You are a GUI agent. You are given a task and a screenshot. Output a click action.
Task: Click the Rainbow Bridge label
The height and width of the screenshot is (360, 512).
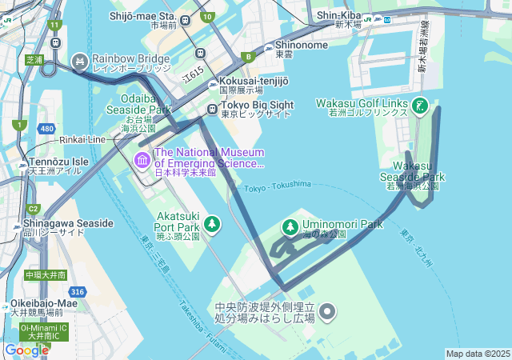[130, 58]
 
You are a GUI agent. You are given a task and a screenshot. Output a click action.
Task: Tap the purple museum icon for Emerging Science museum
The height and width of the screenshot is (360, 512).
[142, 161]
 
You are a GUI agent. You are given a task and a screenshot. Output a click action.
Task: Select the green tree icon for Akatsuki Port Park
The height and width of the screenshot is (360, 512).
[211, 223]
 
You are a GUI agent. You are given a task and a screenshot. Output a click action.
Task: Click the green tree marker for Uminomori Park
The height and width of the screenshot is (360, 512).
[290, 228]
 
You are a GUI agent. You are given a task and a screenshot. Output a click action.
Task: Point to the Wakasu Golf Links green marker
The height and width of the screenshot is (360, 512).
[418, 105]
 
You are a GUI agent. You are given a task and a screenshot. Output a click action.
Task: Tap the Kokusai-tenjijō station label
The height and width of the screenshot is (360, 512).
[254, 81]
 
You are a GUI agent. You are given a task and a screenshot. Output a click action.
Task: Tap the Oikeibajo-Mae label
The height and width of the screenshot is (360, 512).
[44, 303]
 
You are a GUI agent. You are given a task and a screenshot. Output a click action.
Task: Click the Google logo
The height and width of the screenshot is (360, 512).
[26, 350]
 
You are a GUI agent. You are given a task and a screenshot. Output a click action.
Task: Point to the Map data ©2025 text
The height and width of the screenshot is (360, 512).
[477, 354]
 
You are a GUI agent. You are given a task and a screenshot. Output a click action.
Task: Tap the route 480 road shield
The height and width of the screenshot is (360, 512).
[47, 129]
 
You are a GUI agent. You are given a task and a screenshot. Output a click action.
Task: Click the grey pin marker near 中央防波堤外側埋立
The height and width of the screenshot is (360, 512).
[328, 311]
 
